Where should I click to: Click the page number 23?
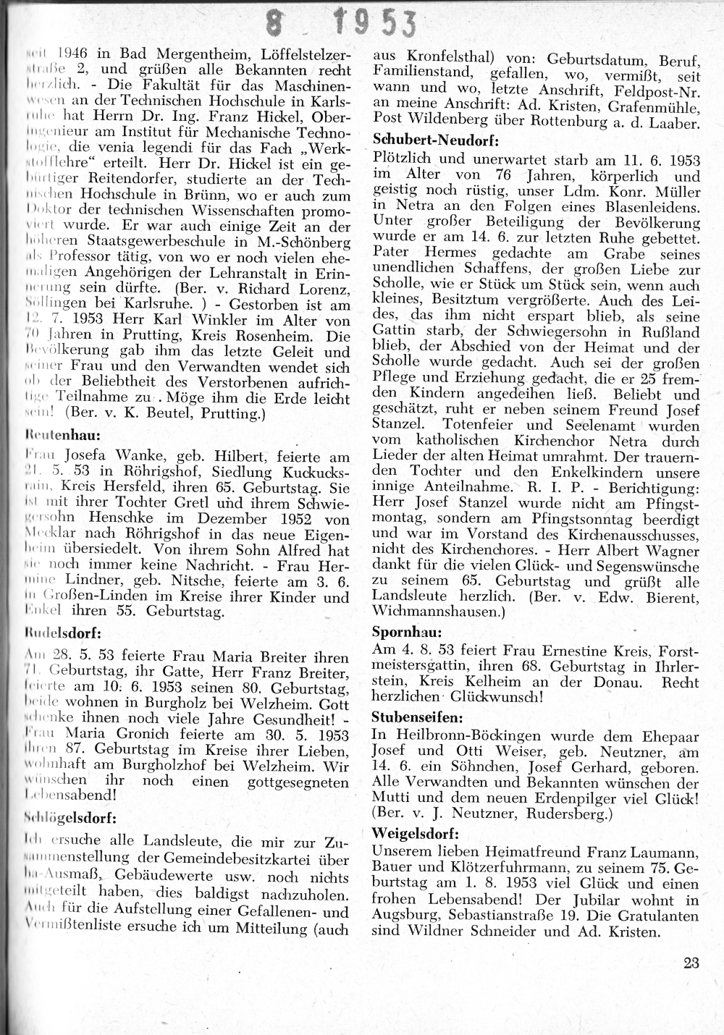690,963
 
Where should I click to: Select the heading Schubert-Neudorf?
426,140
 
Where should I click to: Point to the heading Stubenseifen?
416,717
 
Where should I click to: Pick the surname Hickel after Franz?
261,116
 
